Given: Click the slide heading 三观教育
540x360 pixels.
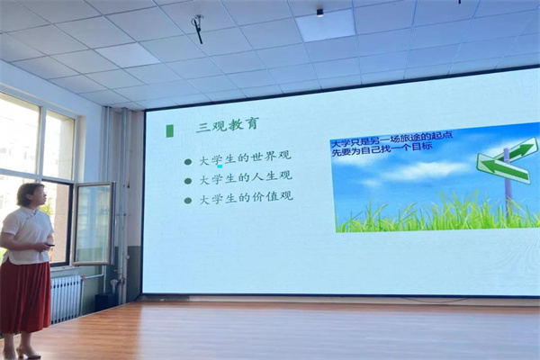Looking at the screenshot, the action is [x=227, y=125].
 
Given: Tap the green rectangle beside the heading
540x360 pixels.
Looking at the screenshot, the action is [x=169, y=130].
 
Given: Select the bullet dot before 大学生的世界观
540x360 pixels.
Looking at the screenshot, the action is [x=188, y=161].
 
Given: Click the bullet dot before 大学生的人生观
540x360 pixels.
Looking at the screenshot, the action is [x=188, y=180].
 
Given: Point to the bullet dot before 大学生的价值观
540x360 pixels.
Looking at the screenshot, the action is [x=188, y=200].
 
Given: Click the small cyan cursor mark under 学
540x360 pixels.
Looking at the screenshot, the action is [x=220, y=166].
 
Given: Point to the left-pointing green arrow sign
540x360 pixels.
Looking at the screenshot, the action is [x=503, y=168].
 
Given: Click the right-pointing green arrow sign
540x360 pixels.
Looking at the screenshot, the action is [x=521, y=150].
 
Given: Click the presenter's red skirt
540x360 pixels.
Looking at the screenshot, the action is [x=25, y=295].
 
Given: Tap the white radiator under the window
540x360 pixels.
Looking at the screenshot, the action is [x=66, y=299].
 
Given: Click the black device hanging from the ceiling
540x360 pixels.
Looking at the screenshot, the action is [x=197, y=29].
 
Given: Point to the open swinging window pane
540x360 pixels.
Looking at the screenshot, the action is [x=94, y=223].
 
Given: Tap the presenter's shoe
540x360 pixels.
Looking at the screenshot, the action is [x=28, y=353].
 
